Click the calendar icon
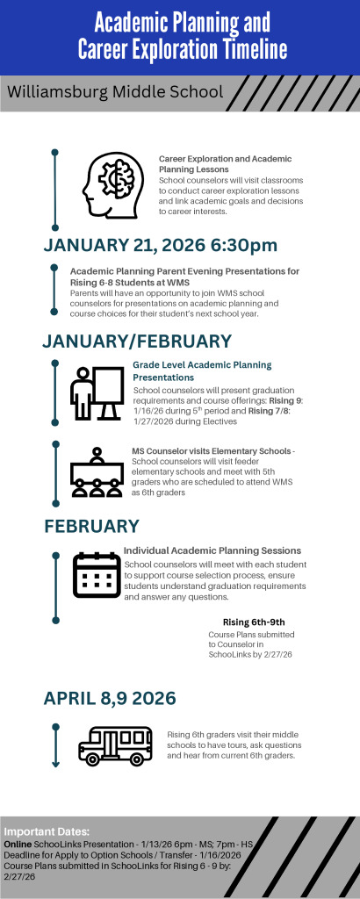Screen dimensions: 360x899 (x=97, y=575)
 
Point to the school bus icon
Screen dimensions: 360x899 (x=115, y=744)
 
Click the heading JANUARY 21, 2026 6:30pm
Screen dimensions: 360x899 (x=161, y=244)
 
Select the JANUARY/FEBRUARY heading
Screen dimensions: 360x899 (x=138, y=340)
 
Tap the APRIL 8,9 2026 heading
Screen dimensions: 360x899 (x=110, y=698)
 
